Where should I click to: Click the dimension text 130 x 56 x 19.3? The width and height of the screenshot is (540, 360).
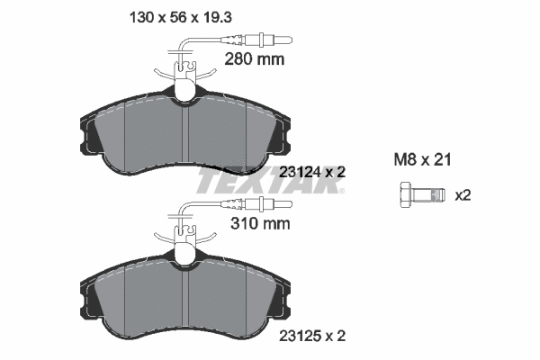[x=180, y=17]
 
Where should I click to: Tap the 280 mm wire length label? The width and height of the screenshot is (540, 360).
[x=255, y=59]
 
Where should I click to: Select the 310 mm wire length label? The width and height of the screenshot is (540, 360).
[x=260, y=224]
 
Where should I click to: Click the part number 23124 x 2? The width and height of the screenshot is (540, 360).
[x=312, y=172]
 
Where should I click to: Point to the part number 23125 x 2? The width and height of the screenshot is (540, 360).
[x=312, y=336]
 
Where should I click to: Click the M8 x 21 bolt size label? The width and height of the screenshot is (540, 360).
[x=422, y=160]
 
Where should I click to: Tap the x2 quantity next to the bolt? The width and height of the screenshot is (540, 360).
[x=463, y=195]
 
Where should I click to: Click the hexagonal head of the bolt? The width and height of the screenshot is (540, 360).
[x=407, y=195]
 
